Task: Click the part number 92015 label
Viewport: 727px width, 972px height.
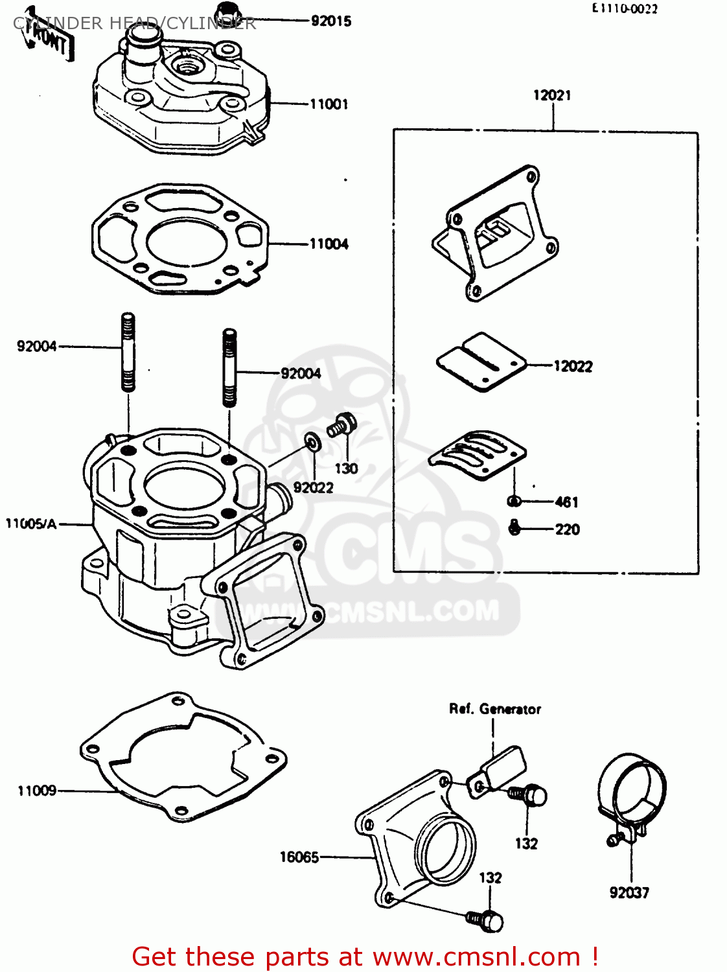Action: point(330,21)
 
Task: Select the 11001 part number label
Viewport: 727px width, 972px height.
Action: point(329,104)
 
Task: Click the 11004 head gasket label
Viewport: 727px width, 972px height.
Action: point(329,244)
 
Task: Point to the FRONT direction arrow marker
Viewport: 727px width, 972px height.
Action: point(48,42)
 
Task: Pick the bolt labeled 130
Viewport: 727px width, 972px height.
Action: point(341,425)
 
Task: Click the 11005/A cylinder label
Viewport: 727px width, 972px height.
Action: point(31,524)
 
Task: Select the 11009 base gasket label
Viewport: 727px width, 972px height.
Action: point(37,791)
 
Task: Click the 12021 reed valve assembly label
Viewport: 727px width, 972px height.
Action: point(552,95)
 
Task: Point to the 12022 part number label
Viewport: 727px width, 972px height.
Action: point(573,367)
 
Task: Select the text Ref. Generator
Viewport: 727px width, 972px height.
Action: point(495,709)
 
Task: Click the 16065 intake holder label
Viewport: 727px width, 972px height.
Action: point(299,857)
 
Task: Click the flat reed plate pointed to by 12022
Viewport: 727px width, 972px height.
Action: point(481,362)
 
